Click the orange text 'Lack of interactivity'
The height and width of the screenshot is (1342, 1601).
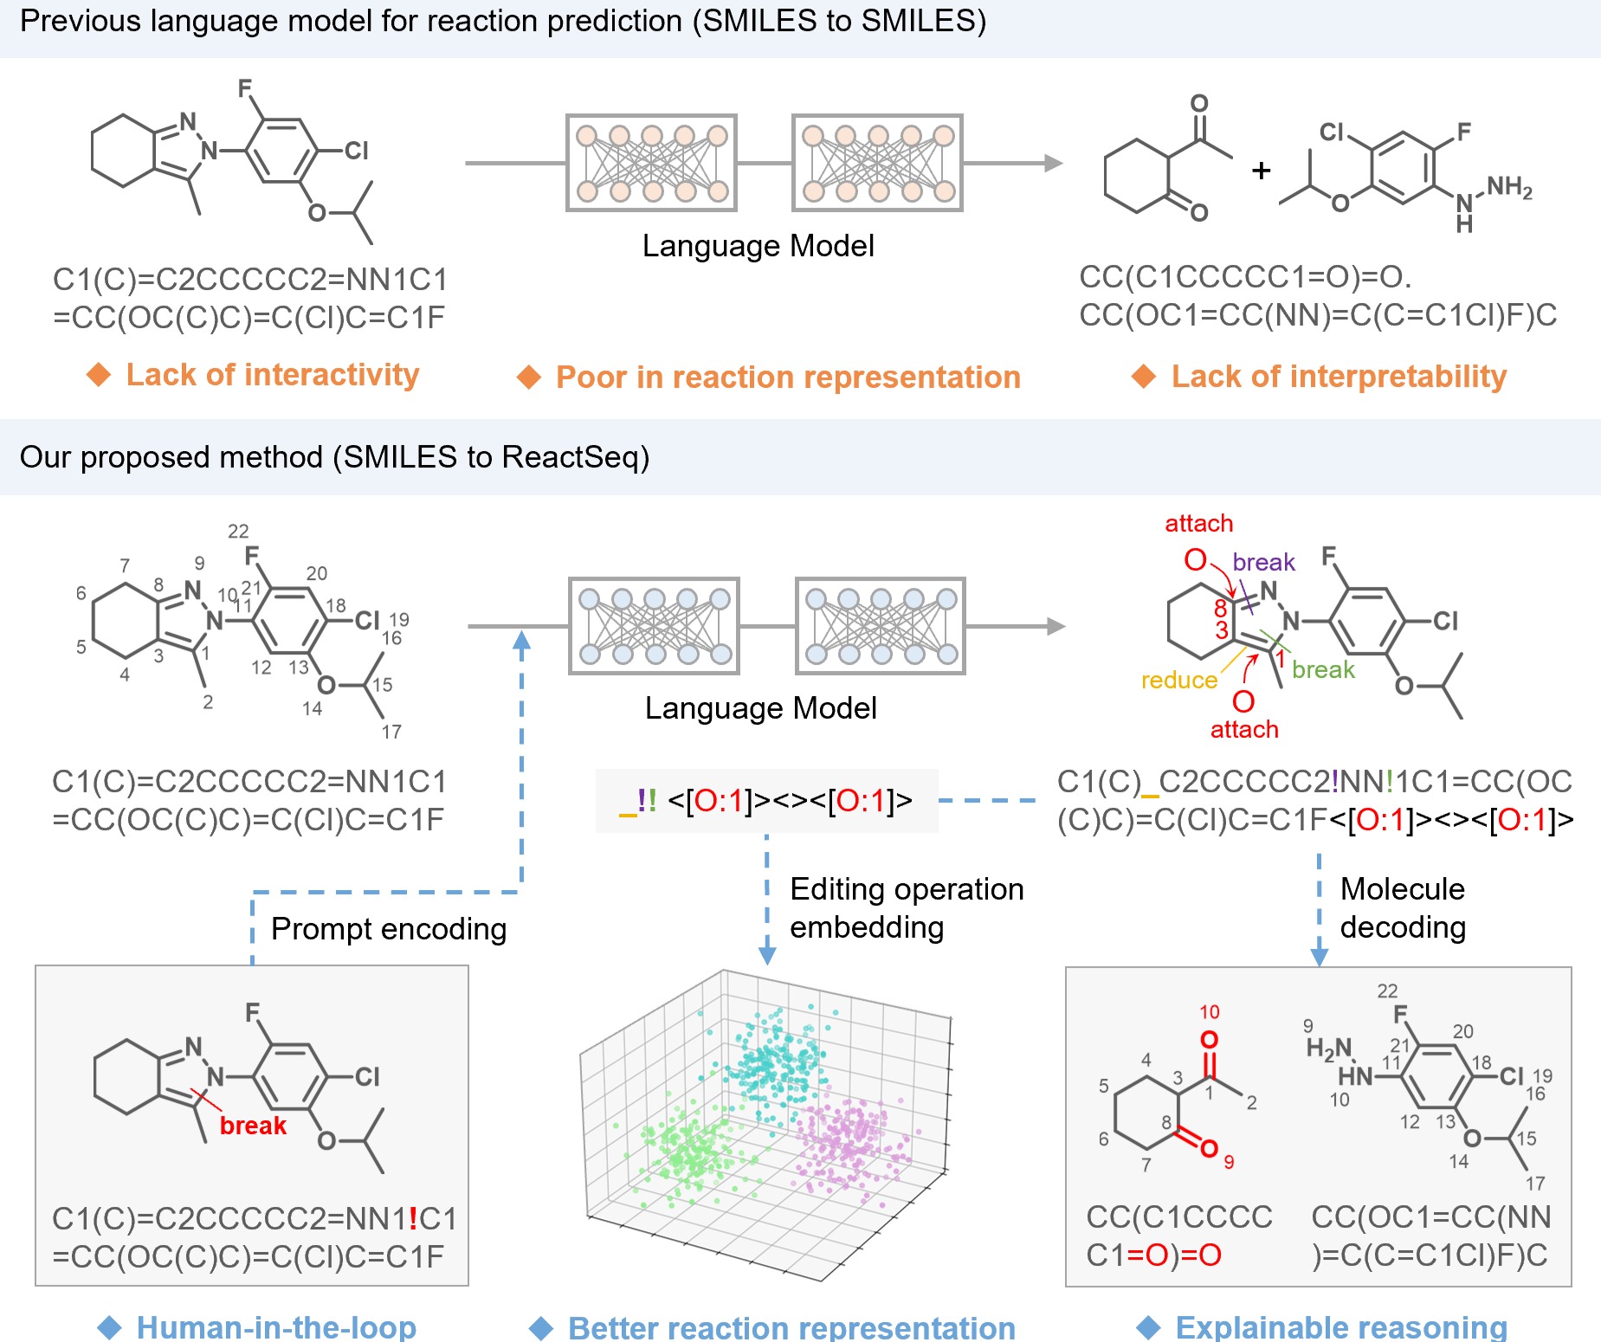click(x=272, y=375)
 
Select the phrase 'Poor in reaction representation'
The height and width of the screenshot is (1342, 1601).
click(x=788, y=377)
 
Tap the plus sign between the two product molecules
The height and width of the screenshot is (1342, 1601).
click(x=1261, y=171)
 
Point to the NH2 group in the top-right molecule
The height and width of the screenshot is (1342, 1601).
click(x=1509, y=187)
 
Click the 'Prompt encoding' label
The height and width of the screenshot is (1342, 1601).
click(x=389, y=929)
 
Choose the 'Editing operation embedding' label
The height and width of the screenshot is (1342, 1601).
click(x=907, y=908)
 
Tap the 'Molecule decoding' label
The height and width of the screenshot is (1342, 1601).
click(x=1403, y=908)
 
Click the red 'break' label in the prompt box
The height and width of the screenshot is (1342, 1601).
click(x=253, y=1126)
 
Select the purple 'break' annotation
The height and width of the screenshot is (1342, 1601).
click(x=1263, y=563)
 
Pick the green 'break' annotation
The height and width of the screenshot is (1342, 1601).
click(x=1323, y=670)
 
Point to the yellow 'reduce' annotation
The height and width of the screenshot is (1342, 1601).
click(x=1178, y=681)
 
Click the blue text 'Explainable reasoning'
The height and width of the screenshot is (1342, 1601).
click(x=1341, y=1327)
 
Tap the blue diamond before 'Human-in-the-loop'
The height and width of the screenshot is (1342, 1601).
click(x=110, y=1327)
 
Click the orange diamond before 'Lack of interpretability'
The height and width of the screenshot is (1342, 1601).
click(x=1144, y=377)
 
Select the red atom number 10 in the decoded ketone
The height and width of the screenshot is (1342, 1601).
click(x=1209, y=1012)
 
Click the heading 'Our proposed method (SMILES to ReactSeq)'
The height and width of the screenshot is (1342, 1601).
click(x=334, y=457)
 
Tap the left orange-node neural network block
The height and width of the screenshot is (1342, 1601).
click(x=651, y=163)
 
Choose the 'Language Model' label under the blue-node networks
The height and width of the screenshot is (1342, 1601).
click(x=760, y=708)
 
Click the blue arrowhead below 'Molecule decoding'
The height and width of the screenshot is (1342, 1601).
click(x=1319, y=956)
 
